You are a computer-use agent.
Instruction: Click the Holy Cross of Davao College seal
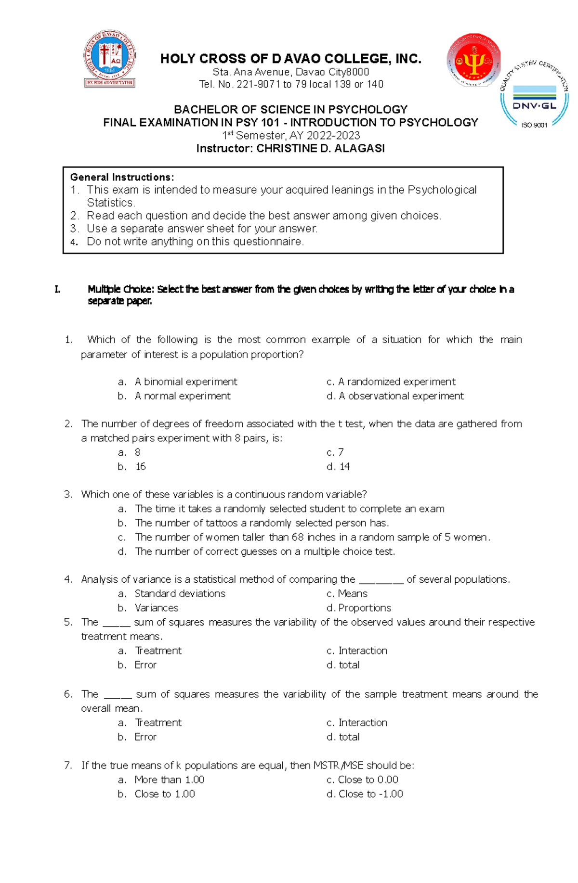110,58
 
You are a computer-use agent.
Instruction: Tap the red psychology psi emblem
473,61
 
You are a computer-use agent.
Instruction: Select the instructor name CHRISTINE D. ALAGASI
320,148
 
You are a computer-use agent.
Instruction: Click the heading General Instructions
122,177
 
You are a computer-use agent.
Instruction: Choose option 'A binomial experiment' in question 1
185,382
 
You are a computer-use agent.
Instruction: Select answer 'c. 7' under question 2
335,452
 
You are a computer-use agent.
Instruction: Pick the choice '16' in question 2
140,466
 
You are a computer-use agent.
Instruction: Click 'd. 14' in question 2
338,466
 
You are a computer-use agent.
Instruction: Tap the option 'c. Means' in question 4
347,593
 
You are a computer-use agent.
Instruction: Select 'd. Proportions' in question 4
359,608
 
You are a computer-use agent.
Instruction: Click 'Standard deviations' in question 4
180,593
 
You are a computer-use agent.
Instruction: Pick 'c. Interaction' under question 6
357,722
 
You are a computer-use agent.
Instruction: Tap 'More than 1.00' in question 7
169,780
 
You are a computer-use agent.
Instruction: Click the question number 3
68,494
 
